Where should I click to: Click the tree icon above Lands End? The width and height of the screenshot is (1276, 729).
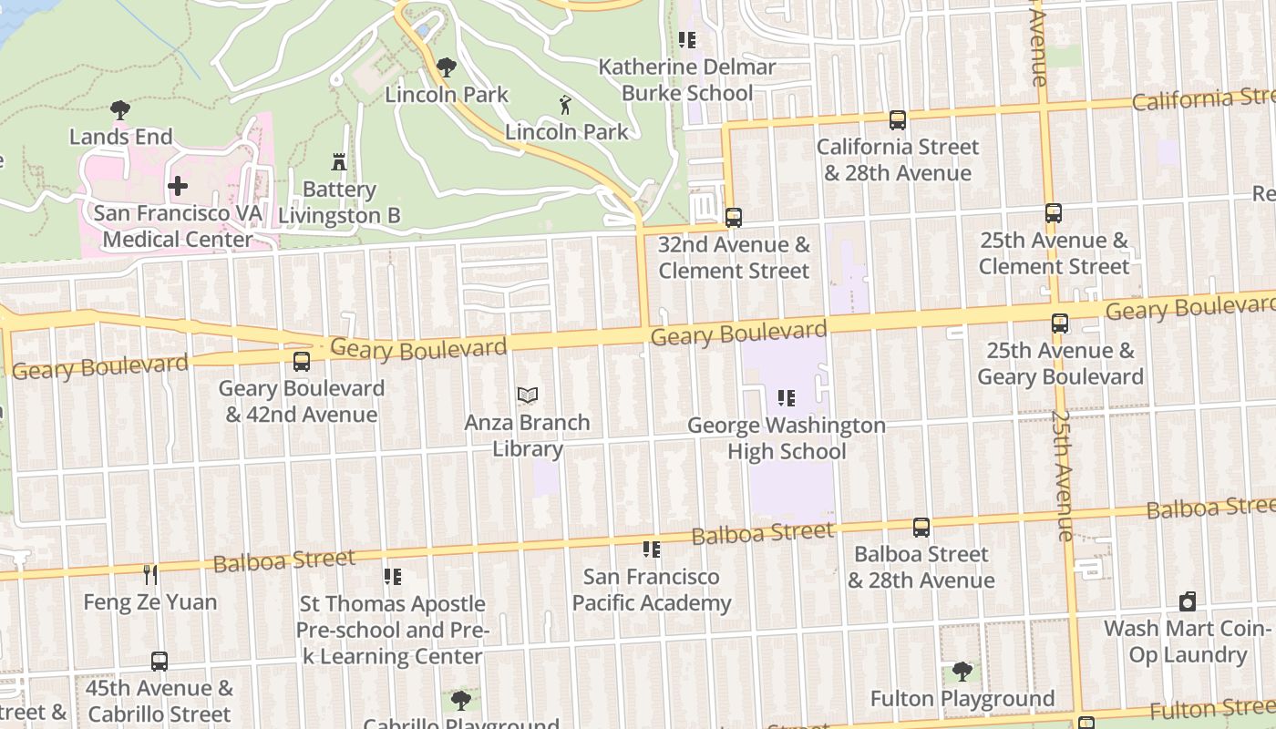(x=119, y=110)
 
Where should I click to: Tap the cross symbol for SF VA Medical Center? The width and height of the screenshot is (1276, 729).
(x=178, y=186)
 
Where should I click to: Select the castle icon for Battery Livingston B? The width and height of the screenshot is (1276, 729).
(x=339, y=162)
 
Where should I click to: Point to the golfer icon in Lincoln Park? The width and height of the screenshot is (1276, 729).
(x=566, y=105)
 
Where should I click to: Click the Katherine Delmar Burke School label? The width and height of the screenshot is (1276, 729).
(x=687, y=80)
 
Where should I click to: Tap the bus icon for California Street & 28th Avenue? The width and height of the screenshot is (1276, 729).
(x=898, y=119)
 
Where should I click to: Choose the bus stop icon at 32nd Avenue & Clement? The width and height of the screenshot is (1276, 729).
(x=734, y=218)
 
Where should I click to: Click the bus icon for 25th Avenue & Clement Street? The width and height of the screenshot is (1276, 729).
(x=1054, y=213)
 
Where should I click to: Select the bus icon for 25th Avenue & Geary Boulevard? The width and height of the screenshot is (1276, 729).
(x=1060, y=323)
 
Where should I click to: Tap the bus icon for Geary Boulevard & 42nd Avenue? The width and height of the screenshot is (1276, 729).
(x=302, y=361)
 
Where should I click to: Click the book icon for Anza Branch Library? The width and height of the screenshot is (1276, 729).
(x=528, y=395)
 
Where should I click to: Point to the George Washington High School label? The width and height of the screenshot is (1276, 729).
(x=787, y=438)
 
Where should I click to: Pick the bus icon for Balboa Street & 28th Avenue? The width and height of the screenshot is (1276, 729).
(x=921, y=528)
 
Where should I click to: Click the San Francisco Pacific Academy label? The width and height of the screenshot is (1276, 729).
(x=652, y=590)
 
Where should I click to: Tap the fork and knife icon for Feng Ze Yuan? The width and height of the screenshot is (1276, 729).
(x=150, y=574)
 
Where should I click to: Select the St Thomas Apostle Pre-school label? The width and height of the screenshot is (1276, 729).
(x=393, y=630)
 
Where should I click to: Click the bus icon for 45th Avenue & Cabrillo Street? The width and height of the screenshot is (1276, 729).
(x=159, y=661)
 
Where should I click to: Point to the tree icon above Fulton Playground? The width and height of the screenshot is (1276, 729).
(x=962, y=672)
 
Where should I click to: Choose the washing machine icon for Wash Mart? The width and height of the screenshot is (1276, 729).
(x=1187, y=601)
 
